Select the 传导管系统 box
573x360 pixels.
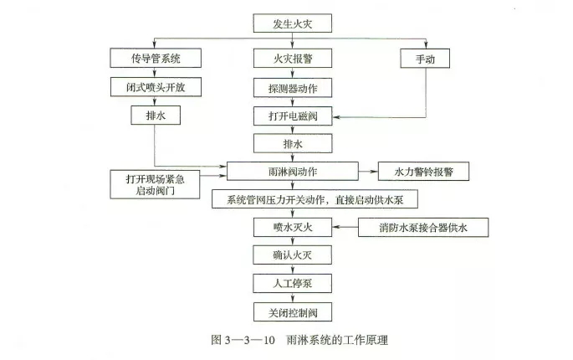[156, 59]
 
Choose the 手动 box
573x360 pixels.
[425, 59]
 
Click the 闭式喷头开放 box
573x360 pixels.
[156, 87]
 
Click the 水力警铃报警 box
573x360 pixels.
[422, 172]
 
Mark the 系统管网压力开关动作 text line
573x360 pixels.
[315, 199]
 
